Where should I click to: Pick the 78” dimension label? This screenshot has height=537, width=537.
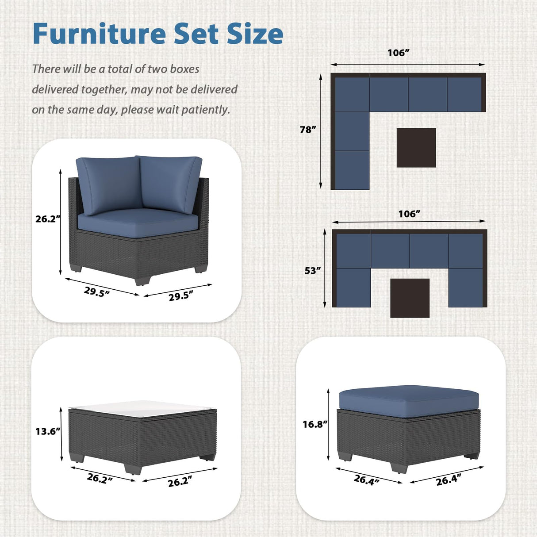(308, 130)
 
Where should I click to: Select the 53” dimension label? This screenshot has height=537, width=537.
(312, 270)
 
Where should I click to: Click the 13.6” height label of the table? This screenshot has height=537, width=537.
(48, 431)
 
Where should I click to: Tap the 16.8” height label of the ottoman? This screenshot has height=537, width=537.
(315, 424)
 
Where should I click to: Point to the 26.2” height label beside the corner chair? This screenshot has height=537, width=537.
(48, 219)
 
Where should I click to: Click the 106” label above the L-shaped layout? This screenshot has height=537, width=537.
(399, 53)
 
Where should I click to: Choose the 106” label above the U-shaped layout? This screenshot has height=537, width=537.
(409, 214)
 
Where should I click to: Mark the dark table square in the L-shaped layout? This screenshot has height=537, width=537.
(416, 148)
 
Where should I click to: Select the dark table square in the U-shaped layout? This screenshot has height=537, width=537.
(410, 298)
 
